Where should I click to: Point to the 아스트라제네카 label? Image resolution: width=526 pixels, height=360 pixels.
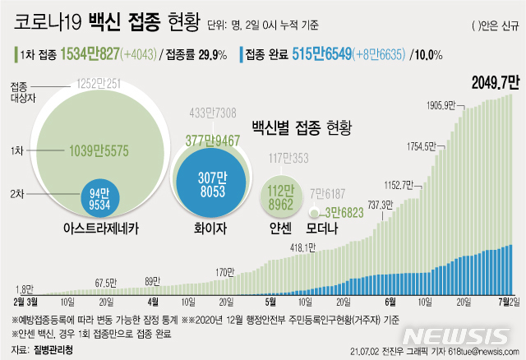(x=97, y=228)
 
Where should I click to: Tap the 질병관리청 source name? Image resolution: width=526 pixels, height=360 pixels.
(x=52, y=348)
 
